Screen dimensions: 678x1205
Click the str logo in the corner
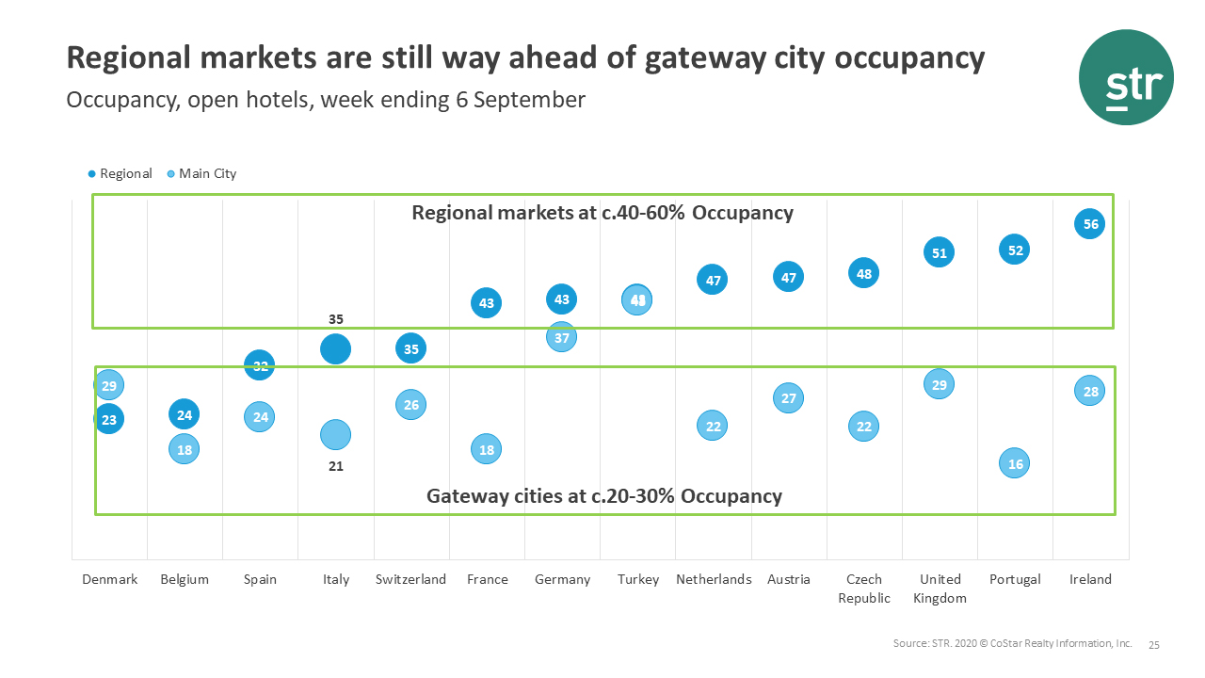pyautogui.click(x=1126, y=77)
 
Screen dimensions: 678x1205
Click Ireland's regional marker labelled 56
pyautogui.click(x=1089, y=224)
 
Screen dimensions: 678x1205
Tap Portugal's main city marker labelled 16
pyautogui.click(x=1014, y=463)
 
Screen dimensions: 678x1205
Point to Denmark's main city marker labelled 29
pyautogui.click(x=109, y=385)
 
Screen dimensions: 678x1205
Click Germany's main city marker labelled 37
pyautogui.click(x=561, y=337)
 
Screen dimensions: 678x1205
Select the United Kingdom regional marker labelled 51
pyautogui.click(x=939, y=252)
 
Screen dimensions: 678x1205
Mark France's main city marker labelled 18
pyautogui.click(x=485, y=450)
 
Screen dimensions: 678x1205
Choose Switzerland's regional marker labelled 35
pyautogui.click(x=410, y=348)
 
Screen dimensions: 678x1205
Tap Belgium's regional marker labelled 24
pyautogui.click(x=185, y=413)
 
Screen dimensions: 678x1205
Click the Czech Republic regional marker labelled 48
pyautogui.click(x=863, y=274)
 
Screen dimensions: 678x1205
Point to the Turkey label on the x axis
pyautogui.click(x=638, y=579)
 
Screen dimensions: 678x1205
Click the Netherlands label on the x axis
pyautogui.click(x=714, y=579)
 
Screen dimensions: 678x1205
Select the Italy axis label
pyautogui.click(x=336, y=579)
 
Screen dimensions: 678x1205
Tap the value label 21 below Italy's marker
pyautogui.click(x=336, y=466)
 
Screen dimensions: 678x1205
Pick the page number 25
pyautogui.click(x=1154, y=645)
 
